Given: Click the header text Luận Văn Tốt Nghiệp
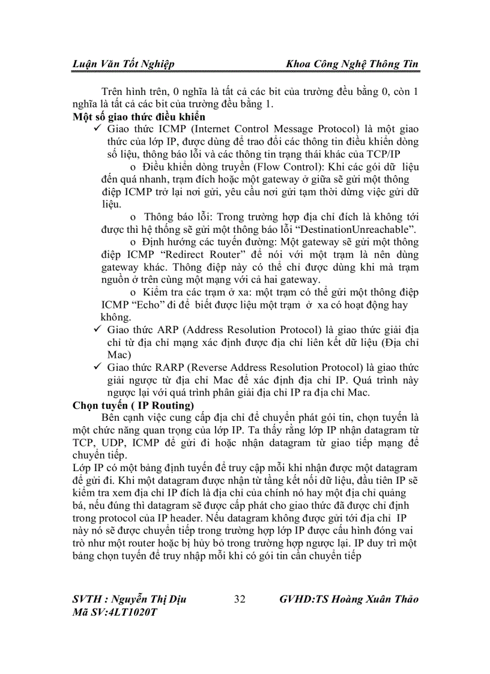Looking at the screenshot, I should click(x=123, y=64).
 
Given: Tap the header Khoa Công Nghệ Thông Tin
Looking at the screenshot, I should click(x=352, y=64).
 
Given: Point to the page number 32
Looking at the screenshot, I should click(x=240, y=599).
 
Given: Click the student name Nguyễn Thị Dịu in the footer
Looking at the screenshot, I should click(x=156, y=599).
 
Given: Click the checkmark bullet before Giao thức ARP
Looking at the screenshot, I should click(x=98, y=330).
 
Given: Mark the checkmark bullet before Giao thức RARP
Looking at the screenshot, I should click(x=98, y=367).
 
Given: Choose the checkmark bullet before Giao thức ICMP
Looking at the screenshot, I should click(x=98, y=129).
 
